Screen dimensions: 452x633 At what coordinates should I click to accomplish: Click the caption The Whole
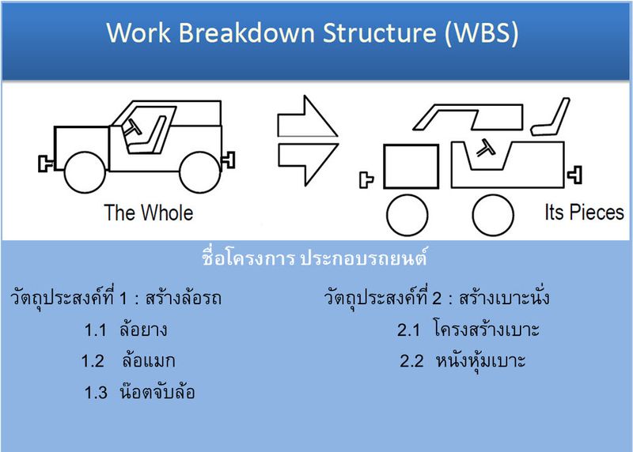tap(149, 213)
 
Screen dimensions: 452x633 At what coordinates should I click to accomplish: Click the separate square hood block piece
tap(410, 167)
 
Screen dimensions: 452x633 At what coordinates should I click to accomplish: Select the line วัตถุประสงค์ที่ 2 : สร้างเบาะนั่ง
tap(437, 299)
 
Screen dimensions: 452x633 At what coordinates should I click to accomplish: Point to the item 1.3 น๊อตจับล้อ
tap(139, 392)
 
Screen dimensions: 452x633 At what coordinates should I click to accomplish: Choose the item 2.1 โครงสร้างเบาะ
tap(468, 330)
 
